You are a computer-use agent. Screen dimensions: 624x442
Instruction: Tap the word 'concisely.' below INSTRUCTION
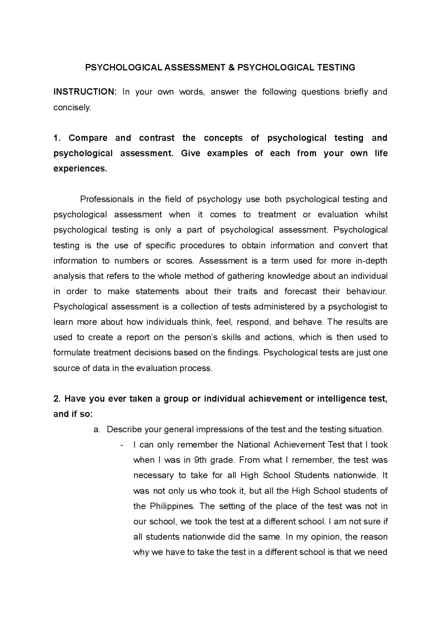72,107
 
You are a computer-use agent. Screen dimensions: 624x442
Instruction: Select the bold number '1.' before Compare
57,138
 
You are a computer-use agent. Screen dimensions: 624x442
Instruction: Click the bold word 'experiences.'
80,169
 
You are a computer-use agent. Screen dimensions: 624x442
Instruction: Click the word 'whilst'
376,215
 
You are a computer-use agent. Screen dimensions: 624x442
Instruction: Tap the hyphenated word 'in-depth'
371,261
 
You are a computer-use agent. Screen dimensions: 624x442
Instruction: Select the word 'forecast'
300,291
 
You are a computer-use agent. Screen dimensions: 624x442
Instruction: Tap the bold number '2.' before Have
57,399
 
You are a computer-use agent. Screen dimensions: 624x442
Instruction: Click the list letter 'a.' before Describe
97,430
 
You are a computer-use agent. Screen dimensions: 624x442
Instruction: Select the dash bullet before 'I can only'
122,445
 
